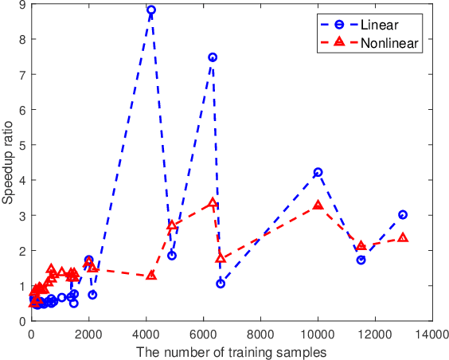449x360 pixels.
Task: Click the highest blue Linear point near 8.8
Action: click(151, 10)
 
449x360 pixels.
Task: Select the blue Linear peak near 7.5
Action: click(213, 57)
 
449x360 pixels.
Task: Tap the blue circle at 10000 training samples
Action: click(318, 172)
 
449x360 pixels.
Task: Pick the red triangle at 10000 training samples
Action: click(318, 205)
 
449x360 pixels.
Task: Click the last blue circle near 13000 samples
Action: click(403, 214)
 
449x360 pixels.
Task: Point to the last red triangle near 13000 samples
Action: click(403, 238)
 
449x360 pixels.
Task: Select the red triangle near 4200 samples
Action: click(151, 276)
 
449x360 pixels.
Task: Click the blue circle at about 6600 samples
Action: click(221, 284)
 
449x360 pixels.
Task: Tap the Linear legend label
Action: click(380, 24)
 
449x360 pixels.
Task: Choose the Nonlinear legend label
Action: click(388, 42)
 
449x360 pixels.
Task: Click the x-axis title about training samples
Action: click(232, 351)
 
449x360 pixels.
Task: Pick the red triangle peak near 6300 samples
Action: click(213, 204)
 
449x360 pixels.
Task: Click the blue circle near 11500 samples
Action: click(361, 260)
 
